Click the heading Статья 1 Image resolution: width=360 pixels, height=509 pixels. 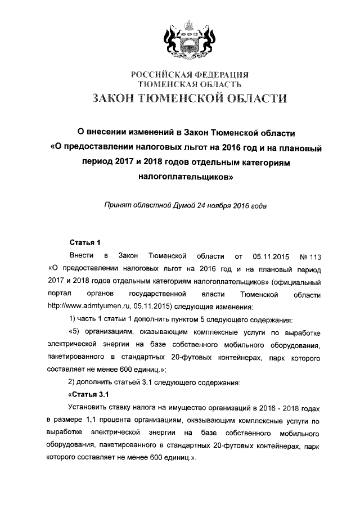(84, 242)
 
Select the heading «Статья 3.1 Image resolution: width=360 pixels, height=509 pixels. (84, 394)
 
